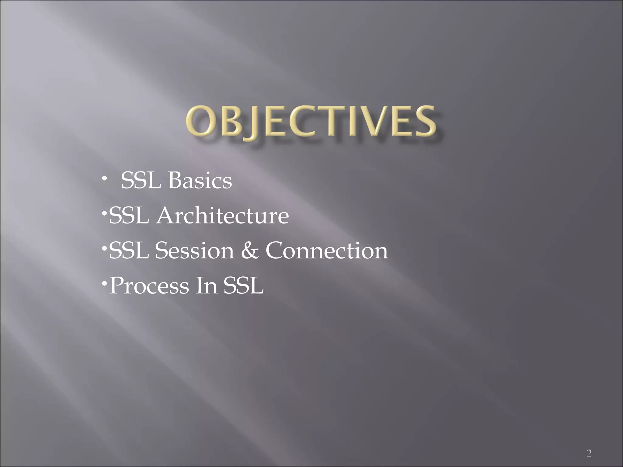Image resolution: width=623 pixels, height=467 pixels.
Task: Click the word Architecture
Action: tap(222, 216)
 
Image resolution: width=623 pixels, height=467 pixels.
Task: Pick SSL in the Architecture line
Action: tap(129, 216)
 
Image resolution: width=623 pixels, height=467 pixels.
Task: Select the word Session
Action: tap(195, 251)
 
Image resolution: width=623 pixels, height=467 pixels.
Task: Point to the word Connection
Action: tap(327, 251)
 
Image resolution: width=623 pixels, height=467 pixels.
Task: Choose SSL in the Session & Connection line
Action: tap(129, 251)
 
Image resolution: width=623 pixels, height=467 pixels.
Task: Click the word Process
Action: tap(149, 286)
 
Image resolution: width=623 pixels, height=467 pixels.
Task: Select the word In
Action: tap(206, 285)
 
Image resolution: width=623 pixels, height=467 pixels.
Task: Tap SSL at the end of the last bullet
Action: tap(243, 285)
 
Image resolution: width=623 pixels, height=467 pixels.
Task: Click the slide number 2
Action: tap(589, 445)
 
